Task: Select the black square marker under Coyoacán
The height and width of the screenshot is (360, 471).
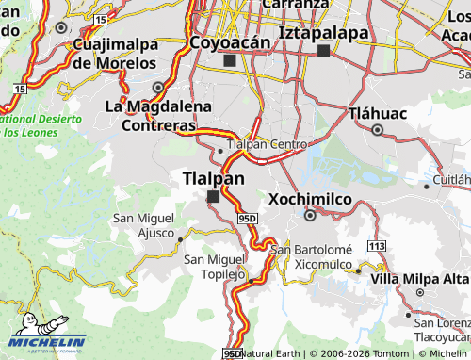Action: tap(229, 60)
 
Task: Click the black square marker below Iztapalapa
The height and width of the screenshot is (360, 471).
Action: tap(324, 51)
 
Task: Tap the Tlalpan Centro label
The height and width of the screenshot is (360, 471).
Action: tap(268, 144)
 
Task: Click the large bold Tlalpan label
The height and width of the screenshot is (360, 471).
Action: tap(213, 177)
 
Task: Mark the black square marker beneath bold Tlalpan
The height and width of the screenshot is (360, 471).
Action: tap(213, 196)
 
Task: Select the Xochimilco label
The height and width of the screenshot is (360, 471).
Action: tap(310, 199)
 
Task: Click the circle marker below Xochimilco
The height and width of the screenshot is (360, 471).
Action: tap(310, 216)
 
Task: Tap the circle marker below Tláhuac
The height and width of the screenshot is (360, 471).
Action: tap(379, 131)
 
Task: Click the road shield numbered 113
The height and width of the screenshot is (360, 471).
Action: tap(378, 246)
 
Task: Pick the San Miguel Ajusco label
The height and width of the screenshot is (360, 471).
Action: tap(144, 224)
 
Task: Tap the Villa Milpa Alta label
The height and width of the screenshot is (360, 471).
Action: tap(419, 279)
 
